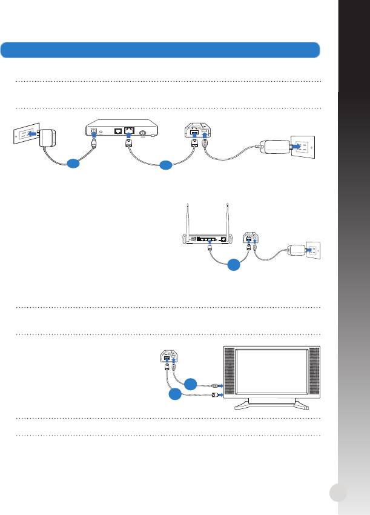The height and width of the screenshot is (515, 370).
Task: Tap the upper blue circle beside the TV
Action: (x=191, y=382)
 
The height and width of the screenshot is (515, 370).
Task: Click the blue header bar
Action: (x=160, y=49)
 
